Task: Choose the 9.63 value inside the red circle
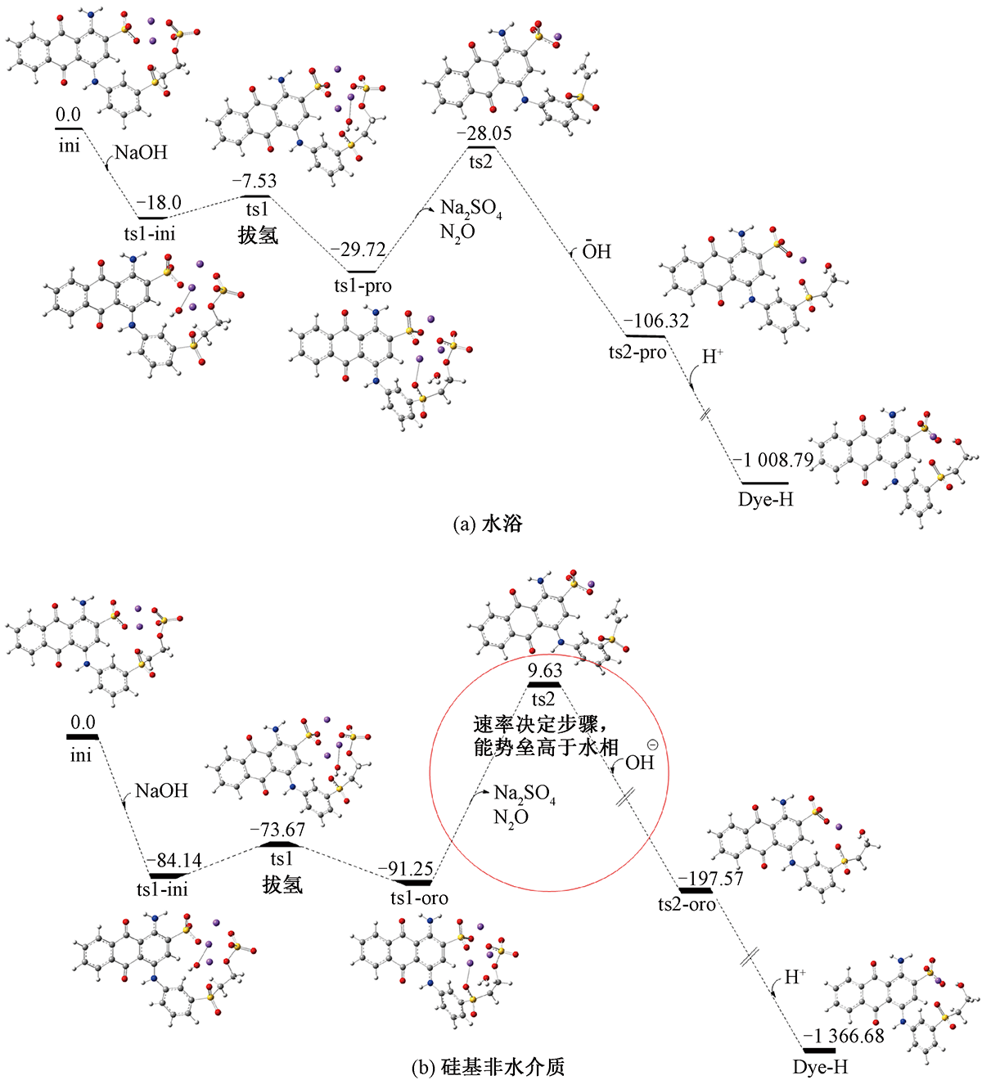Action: (544, 672)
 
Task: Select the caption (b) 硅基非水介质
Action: (489, 1067)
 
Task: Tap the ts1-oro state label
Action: (418, 898)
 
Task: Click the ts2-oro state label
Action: (687, 904)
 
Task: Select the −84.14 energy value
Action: (175, 861)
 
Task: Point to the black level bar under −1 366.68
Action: (818, 1050)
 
